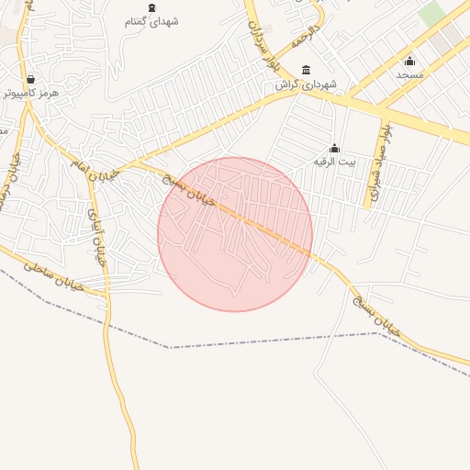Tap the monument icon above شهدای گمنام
point(152,7)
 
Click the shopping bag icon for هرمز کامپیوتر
point(32,79)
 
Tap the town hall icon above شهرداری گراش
point(306,71)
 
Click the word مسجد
point(409,74)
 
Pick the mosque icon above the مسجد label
point(409,61)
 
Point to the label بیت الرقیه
point(334,162)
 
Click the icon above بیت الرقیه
point(334,148)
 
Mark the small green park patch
point(431,13)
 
